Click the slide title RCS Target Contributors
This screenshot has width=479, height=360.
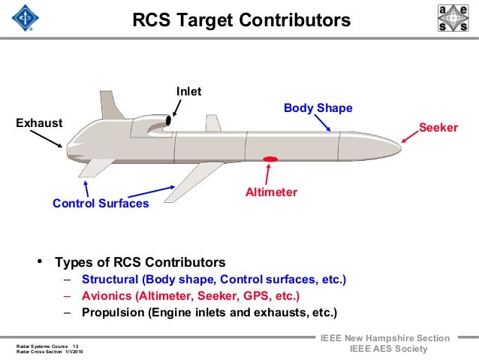pos(241,20)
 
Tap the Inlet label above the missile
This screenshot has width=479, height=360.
pos(188,92)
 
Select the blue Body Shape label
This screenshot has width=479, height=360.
pos(318,109)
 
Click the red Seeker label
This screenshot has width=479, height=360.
pos(438,128)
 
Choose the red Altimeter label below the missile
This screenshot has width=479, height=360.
pos(271,192)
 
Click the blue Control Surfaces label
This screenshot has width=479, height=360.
pos(101,204)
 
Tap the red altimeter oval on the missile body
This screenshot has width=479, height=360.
pos(270,159)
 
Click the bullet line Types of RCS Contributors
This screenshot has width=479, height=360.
pos(139,263)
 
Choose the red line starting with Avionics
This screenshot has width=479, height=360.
pos(191,296)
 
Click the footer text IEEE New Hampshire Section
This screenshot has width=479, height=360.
pos(385,339)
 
